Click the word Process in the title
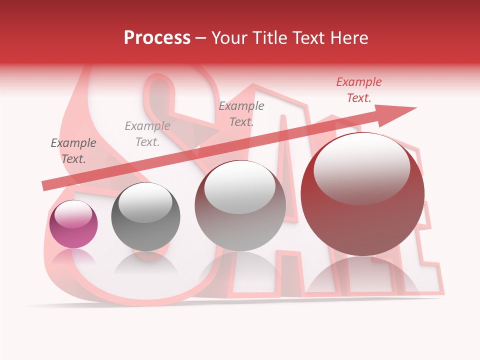click(157, 38)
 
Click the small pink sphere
click(73, 224)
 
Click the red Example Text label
click(359, 90)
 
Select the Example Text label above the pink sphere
click(73, 151)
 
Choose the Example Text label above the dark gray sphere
click(147, 134)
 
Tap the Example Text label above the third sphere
click(241, 113)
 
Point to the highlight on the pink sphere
click(73, 213)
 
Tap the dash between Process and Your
click(200, 38)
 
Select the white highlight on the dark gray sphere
click(145, 202)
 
